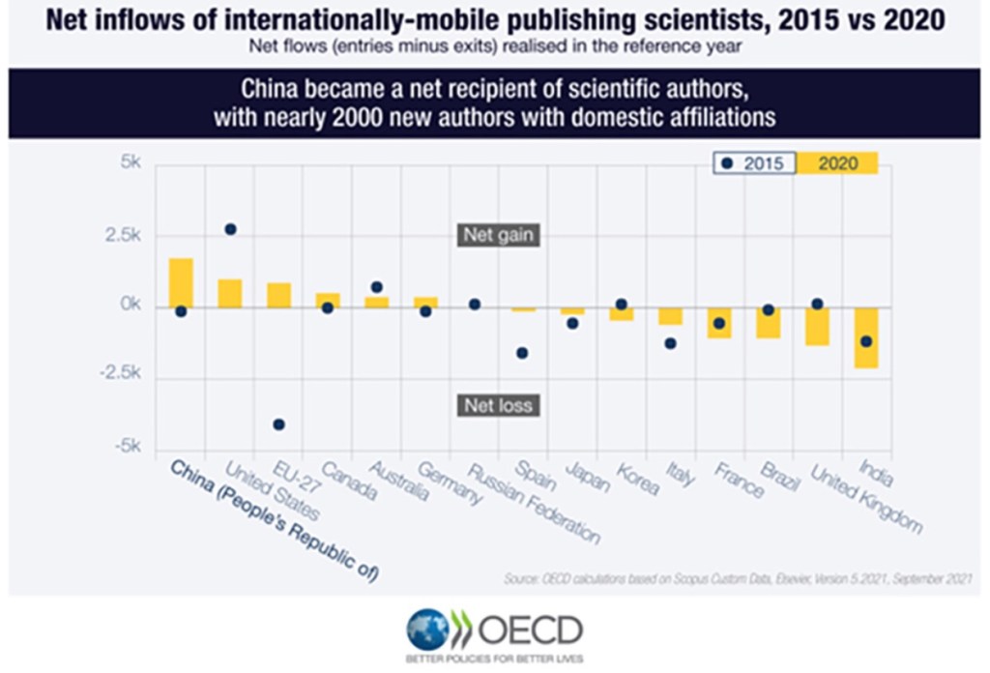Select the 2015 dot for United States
(230, 229)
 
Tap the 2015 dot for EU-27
(278, 424)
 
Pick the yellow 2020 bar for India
(866, 337)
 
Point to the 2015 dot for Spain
(523, 353)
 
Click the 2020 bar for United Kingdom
(817, 326)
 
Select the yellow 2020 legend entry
(837, 163)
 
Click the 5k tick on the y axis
(128, 163)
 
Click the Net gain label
(498, 235)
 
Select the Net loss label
(498, 405)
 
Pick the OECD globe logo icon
(427, 629)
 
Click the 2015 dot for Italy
(670, 343)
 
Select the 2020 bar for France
(719, 323)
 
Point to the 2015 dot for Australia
(377, 287)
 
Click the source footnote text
(737, 578)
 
